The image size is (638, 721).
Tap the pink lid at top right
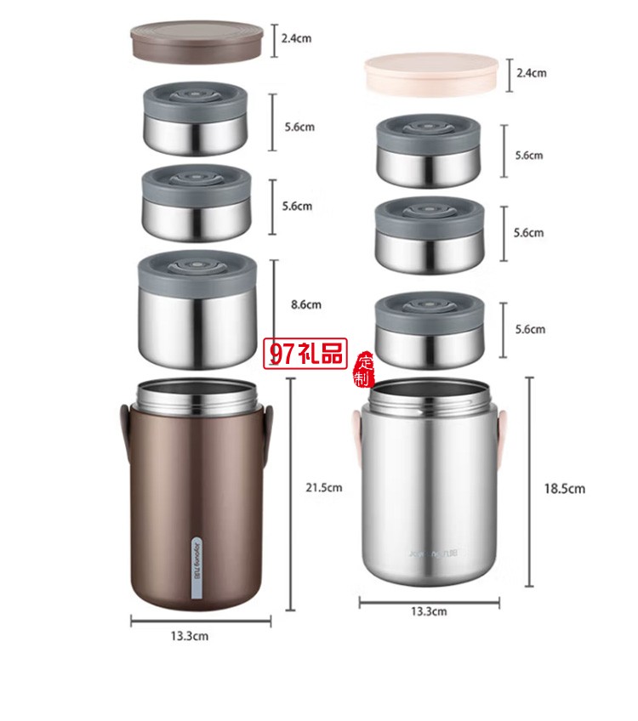click(x=430, y=73)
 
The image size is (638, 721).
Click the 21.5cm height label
click(x=323, y=487)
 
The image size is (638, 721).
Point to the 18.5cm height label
click(x=564, y=488)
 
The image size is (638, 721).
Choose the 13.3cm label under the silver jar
click(x=429, y=610)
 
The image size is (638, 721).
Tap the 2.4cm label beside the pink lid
click(x=530, y=73)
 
